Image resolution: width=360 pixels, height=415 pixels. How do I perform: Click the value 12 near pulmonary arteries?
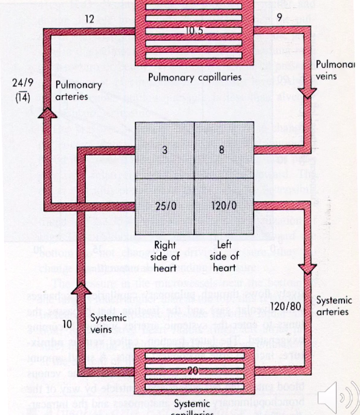coord(89,20)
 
